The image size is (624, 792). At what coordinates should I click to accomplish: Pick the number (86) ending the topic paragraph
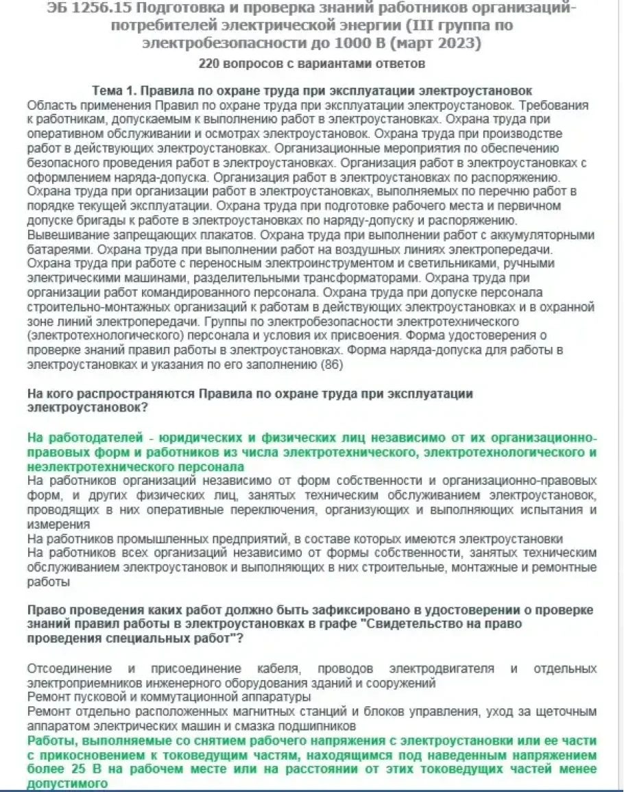(x=331, y=365)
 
